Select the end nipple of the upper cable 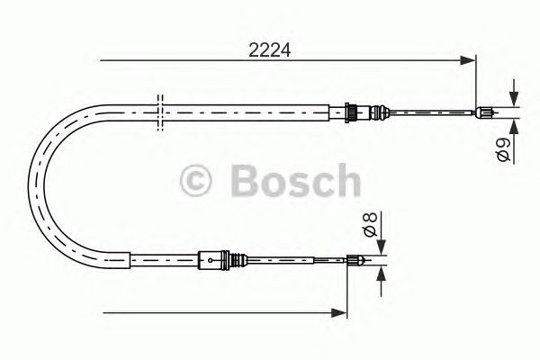(483, 112)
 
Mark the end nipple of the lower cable (357, 262)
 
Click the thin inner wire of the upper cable (423, 112)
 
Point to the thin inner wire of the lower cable (297, 262)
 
